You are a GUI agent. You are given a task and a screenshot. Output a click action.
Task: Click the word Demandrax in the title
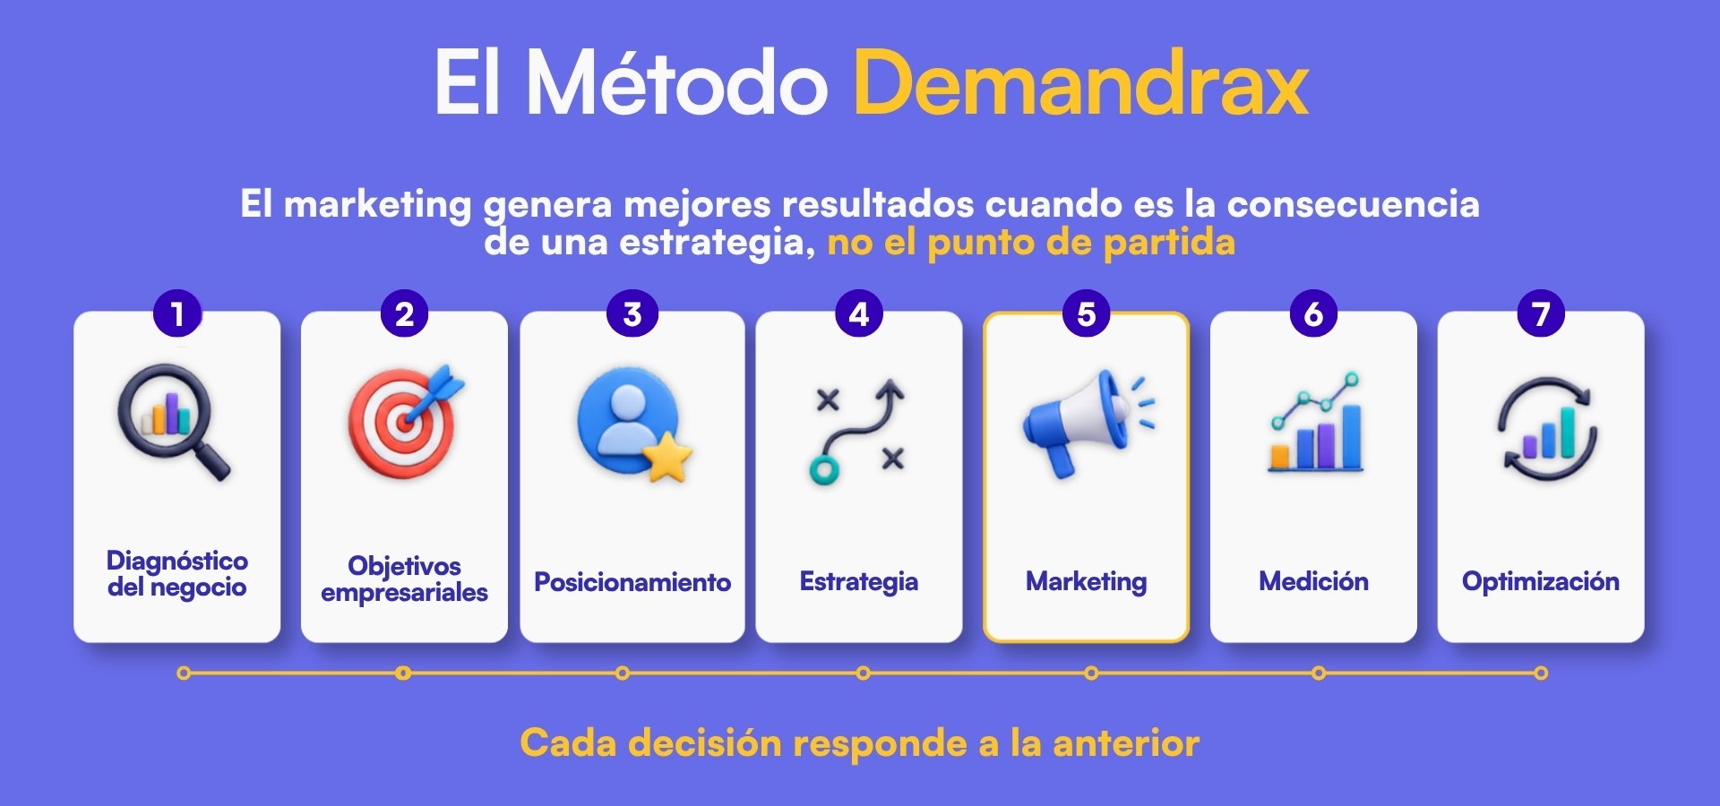1081,83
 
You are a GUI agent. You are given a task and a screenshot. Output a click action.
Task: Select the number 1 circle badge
177,313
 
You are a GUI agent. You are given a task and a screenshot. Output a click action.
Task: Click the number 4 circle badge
859,313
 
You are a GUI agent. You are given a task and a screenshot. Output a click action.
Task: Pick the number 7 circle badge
1541,313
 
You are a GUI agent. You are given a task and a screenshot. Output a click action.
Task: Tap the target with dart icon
406,421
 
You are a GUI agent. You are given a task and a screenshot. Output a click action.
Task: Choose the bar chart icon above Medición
1315,422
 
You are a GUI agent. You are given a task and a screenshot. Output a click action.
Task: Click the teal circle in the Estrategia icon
823,469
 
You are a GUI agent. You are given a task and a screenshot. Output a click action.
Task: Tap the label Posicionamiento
632,582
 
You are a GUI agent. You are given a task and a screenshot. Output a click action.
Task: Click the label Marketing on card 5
1087,582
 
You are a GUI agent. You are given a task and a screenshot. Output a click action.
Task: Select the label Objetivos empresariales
405,579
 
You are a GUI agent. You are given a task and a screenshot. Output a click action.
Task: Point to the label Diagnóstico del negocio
177,574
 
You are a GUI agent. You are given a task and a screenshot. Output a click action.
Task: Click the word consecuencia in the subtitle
1353,204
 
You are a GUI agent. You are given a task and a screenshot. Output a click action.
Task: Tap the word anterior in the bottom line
1126,743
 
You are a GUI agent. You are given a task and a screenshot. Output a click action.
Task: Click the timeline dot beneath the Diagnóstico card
184,673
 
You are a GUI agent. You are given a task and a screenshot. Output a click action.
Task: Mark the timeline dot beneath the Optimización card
1540,673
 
